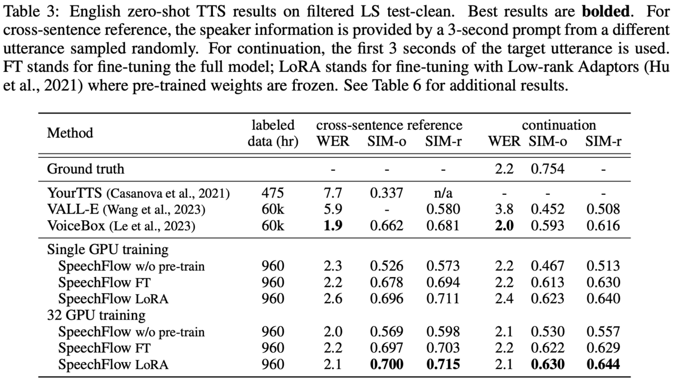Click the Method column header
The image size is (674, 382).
70,133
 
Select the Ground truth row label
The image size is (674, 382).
85,169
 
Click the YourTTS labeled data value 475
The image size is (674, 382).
272,193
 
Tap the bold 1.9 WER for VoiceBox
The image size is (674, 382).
333,225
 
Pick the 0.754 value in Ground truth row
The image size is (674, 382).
547,169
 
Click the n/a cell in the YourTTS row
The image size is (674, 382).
443,193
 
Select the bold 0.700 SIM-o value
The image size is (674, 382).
386,364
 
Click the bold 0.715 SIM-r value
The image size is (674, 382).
443,364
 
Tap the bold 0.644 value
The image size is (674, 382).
603,364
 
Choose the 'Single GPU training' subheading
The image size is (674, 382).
108,249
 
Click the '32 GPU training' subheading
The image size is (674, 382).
96,315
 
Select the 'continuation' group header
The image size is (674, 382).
559,125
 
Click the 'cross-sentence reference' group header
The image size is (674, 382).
389,125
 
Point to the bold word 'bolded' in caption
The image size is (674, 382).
605,11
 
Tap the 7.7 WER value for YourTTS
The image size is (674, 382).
333,193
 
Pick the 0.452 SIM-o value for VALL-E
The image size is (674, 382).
547,209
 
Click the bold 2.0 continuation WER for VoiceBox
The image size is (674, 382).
504,225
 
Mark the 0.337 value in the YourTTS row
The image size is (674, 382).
386,193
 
